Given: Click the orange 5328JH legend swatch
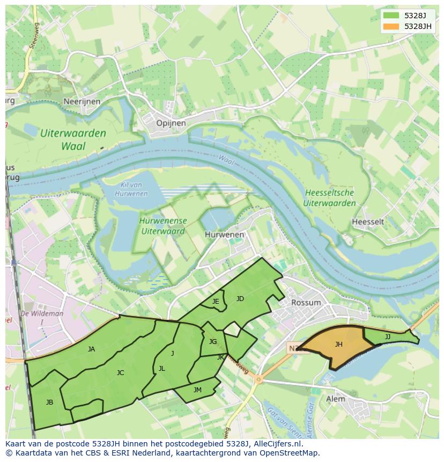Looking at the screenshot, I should click(x=391, y=26).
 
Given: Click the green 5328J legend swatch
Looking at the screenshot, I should click(x=391, y=16).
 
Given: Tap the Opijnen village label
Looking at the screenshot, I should click(x=171, y=123).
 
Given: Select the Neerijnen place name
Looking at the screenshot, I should click(x=82, y=101).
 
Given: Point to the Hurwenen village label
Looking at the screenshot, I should click(x=224, y=234).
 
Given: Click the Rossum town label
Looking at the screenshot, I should click(x=306, y=302).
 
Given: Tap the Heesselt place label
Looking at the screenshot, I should click(x=368, y=222).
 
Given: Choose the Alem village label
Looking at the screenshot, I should click(x=336, y=399).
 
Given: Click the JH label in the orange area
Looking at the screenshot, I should click(x=338, y=344).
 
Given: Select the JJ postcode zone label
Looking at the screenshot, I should click(x=387, y=337).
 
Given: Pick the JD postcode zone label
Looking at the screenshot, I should click(x=240, y=299).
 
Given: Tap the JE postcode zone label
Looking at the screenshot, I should click(x=216, y=302).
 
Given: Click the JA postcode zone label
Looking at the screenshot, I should click(x=91, y=349).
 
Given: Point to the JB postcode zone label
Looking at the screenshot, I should click(x=49, y=402).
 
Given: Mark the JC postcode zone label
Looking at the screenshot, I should click(x=120, y=372).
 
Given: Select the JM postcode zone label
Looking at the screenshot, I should click(x=197, y=390).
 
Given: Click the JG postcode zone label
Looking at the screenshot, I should click(x=213, y=342).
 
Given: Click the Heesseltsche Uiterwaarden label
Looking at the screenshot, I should click(x=329, y=198).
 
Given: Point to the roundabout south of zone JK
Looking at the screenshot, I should click(x=258, y=380).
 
